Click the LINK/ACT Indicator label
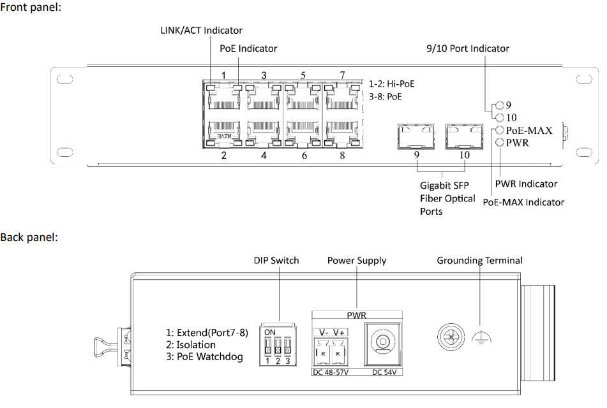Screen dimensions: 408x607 tap(201, 31)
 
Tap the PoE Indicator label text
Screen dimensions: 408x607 tap(248, 48)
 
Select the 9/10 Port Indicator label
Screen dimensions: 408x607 tap(467, 48)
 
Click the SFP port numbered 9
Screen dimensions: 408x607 tap(416, 135)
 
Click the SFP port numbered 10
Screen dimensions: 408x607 tap(464, 135)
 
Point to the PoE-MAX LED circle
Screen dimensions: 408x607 tap(500, 130)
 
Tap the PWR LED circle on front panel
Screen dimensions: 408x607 tap(500, 143)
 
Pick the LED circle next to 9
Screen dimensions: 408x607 tap(500, 105)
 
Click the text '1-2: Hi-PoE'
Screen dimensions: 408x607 tap(392, 84)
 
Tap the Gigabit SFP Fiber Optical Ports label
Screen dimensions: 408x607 tap(447, 198)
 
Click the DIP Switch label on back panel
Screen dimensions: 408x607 tap(276, 260)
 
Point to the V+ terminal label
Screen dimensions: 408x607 tap(338, 332)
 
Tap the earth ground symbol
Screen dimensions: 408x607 tap(478, 339)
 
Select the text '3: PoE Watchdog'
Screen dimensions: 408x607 tap(205, 356)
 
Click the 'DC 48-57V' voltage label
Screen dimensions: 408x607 tap(330, 372)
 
